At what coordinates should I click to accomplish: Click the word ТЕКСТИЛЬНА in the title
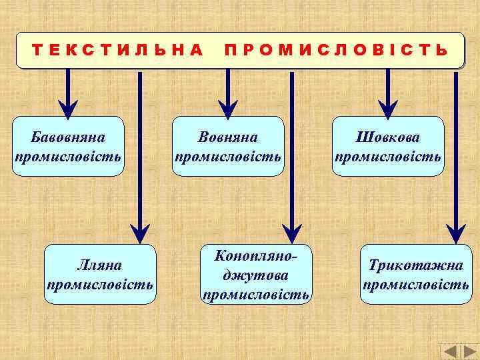tap(117, 50)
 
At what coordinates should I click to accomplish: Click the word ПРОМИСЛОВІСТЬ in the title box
tap(336, 50)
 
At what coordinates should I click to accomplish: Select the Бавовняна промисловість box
tap(68, 147)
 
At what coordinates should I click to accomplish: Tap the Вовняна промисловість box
tap(228, 147)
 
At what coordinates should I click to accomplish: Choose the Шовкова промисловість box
tap(388, 147)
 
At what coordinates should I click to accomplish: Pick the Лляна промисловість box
tap(99, 275)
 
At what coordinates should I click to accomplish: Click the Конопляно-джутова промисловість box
tap(256, 275)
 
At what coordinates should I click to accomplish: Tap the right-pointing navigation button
tap(469, 351)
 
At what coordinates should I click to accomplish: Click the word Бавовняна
tap(68, 137)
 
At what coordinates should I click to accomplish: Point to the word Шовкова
tap(388, 137)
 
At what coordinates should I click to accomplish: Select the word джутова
tap(256, 275)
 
